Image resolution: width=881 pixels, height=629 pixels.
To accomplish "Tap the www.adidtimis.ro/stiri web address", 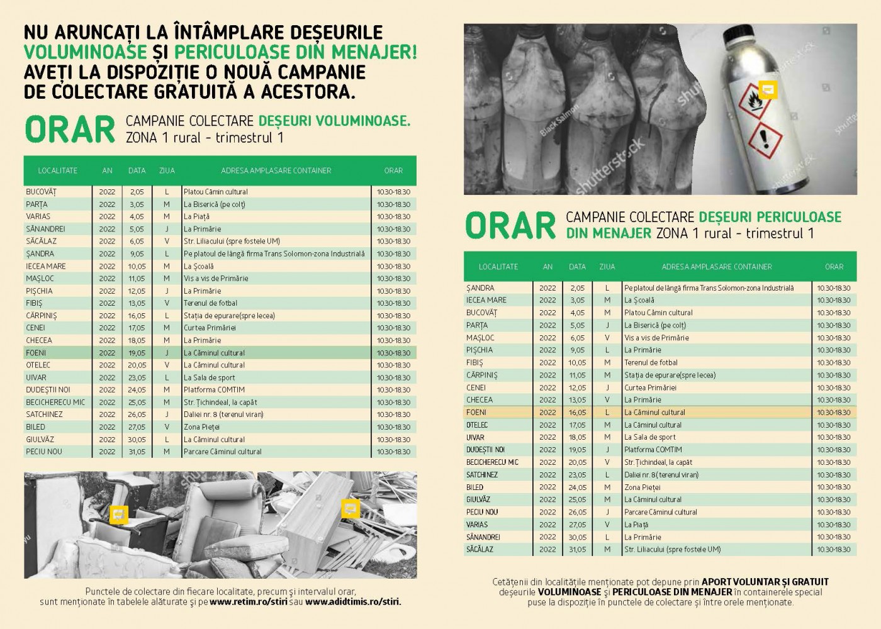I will click(x=353, y=601).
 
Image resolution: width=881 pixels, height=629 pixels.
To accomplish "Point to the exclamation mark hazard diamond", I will click(x=765, y=135).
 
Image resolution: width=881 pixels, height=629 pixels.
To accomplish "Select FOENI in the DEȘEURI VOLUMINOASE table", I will click(x=36, y=353).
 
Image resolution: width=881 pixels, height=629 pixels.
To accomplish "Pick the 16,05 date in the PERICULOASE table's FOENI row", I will click(x=577, y=413).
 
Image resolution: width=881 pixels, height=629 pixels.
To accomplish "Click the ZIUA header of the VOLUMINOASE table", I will click(x=167, y=170).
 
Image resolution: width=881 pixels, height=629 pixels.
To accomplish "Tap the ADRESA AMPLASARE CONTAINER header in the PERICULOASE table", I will click(x=717, y=267).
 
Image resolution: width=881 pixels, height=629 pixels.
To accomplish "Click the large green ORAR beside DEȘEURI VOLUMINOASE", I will click(x=70, y=129).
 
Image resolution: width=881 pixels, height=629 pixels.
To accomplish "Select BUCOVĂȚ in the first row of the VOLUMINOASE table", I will click(x=41, y=192).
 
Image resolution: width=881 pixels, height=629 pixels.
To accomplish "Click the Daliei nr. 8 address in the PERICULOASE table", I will click(x=661, y=475).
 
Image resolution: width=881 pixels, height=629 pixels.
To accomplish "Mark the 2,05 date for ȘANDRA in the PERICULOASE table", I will click(x=577, y=288).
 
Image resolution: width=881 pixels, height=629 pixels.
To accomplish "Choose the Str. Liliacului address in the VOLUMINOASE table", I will click(x=232, y=241).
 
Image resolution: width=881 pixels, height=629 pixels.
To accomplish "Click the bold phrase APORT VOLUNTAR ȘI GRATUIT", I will click(x=765, y=582).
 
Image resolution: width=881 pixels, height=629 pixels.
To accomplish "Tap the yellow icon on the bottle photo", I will click(x=768, y=90).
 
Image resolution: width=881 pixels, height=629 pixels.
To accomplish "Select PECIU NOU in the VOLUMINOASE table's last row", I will click(x=44, y=452).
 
